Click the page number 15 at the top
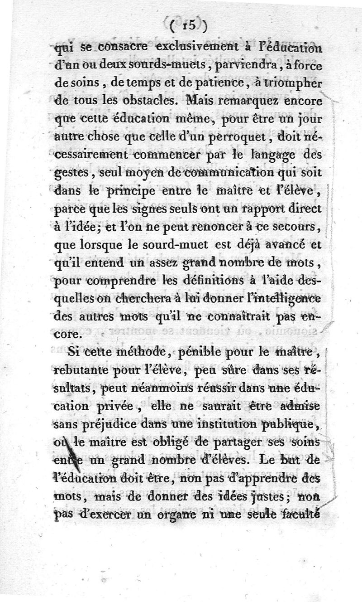click(x=186, y=26)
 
